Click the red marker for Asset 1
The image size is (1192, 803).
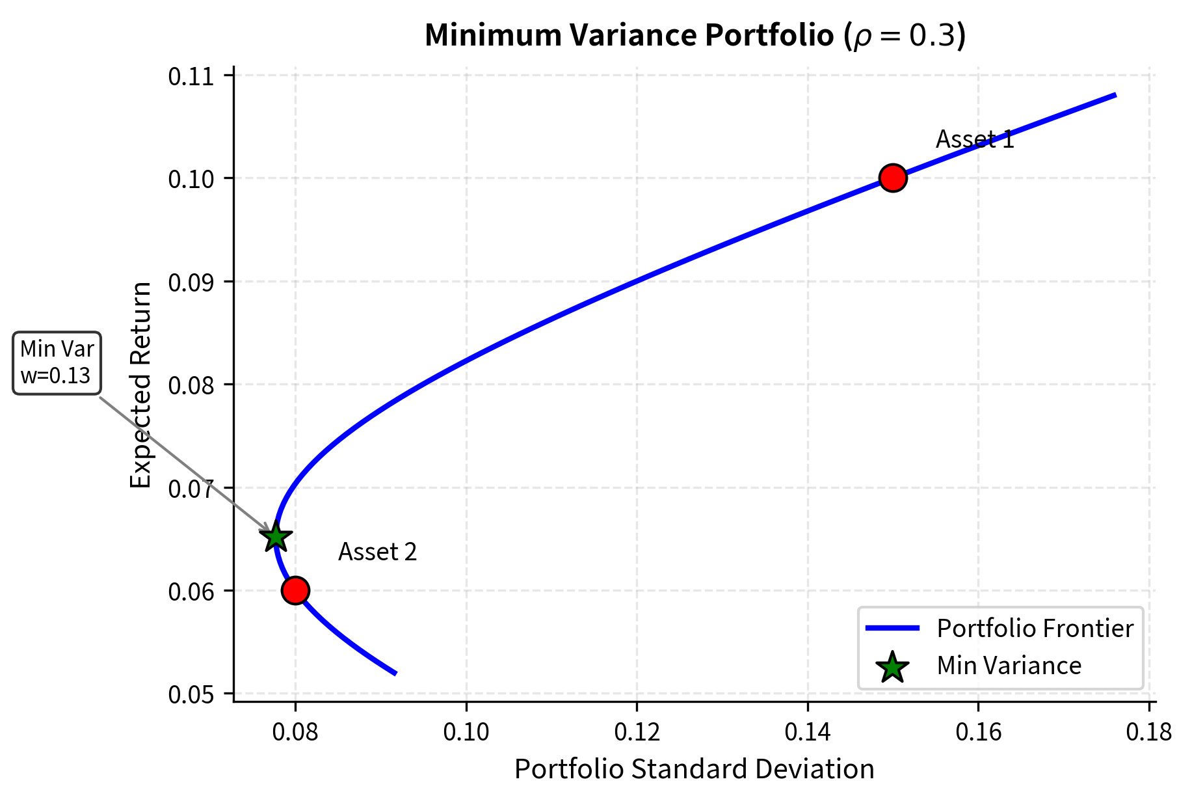893,178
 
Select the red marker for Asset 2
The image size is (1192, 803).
295,590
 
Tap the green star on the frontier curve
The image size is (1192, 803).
276,537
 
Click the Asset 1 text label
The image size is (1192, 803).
975,139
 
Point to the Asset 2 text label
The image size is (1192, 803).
377,552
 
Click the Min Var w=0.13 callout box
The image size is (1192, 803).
57,362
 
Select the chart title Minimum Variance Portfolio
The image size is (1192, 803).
695,36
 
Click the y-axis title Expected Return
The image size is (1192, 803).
140,384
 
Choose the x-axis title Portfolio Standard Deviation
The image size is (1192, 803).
694,769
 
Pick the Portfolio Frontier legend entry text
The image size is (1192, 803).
1035,628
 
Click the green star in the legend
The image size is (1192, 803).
892,667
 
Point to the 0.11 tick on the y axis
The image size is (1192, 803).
191,77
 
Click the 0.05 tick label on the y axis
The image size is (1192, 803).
191,694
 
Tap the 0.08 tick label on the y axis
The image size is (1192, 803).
191,385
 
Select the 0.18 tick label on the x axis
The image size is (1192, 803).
1148,732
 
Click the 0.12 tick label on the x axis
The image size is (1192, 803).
637,732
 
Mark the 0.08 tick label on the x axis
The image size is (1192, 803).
295,732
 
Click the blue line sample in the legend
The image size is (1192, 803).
892,628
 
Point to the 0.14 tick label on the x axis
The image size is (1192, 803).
807,732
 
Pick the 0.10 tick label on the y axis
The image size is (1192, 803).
191,179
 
